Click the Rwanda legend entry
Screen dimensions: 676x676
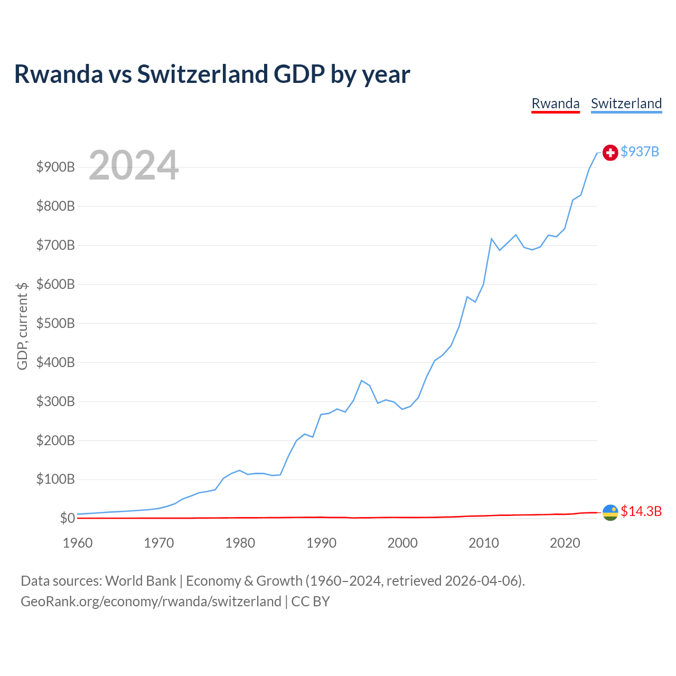point(555,104)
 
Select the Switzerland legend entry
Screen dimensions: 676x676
point(626,104)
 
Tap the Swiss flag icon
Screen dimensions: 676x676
point(610,153)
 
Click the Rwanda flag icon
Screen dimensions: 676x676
point(610,512)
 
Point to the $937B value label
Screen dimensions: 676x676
point(640,152)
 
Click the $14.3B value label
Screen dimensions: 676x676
point(641,511)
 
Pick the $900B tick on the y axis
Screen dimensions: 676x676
point(55,167)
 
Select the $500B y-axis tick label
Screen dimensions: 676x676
point(55,323)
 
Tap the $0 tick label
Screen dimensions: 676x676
point(67,518)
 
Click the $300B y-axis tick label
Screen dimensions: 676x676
point(55,401)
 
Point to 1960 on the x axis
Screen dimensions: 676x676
point(78,543)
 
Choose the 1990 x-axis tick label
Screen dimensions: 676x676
point(321,543)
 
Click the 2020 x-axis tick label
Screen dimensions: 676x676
point(565,543)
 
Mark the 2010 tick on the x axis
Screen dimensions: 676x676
point(484,543)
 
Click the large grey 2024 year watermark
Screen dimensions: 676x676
point(134,165)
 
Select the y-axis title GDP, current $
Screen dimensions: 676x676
point(22,326)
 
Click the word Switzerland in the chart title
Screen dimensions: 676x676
point(202,74)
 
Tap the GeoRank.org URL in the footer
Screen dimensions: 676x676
point(151,602)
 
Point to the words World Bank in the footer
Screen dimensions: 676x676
point(140,581)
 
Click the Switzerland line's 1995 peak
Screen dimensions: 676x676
point(361,380)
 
